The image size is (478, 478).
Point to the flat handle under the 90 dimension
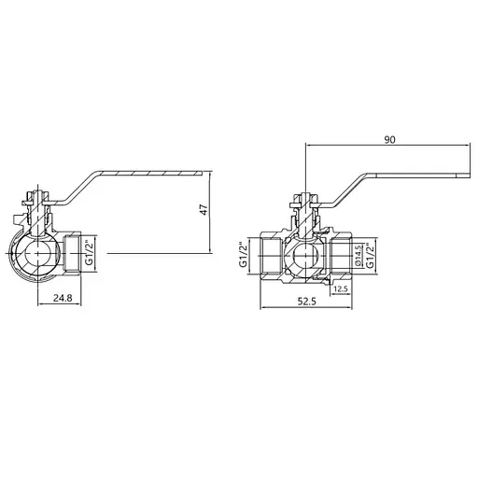pyautogui.click(x=411, y=175)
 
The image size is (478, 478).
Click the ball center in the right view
pyautogui.click(x=304, y=254)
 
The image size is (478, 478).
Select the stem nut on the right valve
pyautogui.click(x=305, y=199)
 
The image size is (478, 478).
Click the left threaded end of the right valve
pyautogui.click(x=268, y=254)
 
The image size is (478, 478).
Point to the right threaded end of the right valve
pyautogui.click(x=341, y=254)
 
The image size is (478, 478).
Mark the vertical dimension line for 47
pyautogui.click(x=213, y=224)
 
